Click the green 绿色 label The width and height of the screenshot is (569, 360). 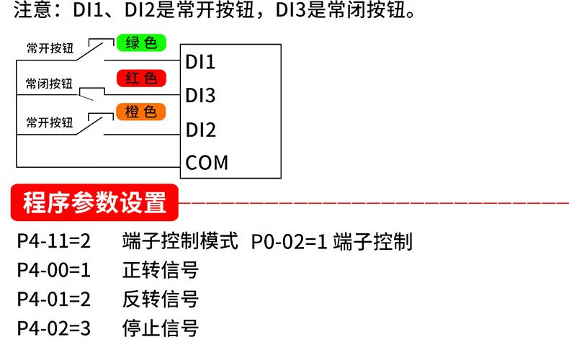[141, 42]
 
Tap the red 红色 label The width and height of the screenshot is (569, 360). [141, 78]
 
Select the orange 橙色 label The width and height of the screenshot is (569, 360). [141, 112]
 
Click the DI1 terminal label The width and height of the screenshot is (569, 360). [201, 62]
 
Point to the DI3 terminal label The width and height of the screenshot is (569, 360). [201, 96]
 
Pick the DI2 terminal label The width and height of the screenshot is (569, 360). [201, 130]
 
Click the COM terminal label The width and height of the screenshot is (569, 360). [207, 163]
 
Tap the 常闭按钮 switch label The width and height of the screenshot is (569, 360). [49, 84]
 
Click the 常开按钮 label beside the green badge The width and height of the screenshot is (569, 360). [50, 49]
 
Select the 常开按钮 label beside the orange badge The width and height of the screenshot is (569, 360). [50, 122]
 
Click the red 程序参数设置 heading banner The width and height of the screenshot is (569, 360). [94, 204]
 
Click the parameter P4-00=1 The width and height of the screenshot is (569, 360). [53, 271]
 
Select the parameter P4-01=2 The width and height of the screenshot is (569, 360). [53, 300]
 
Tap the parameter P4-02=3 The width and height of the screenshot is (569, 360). [53, 329]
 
